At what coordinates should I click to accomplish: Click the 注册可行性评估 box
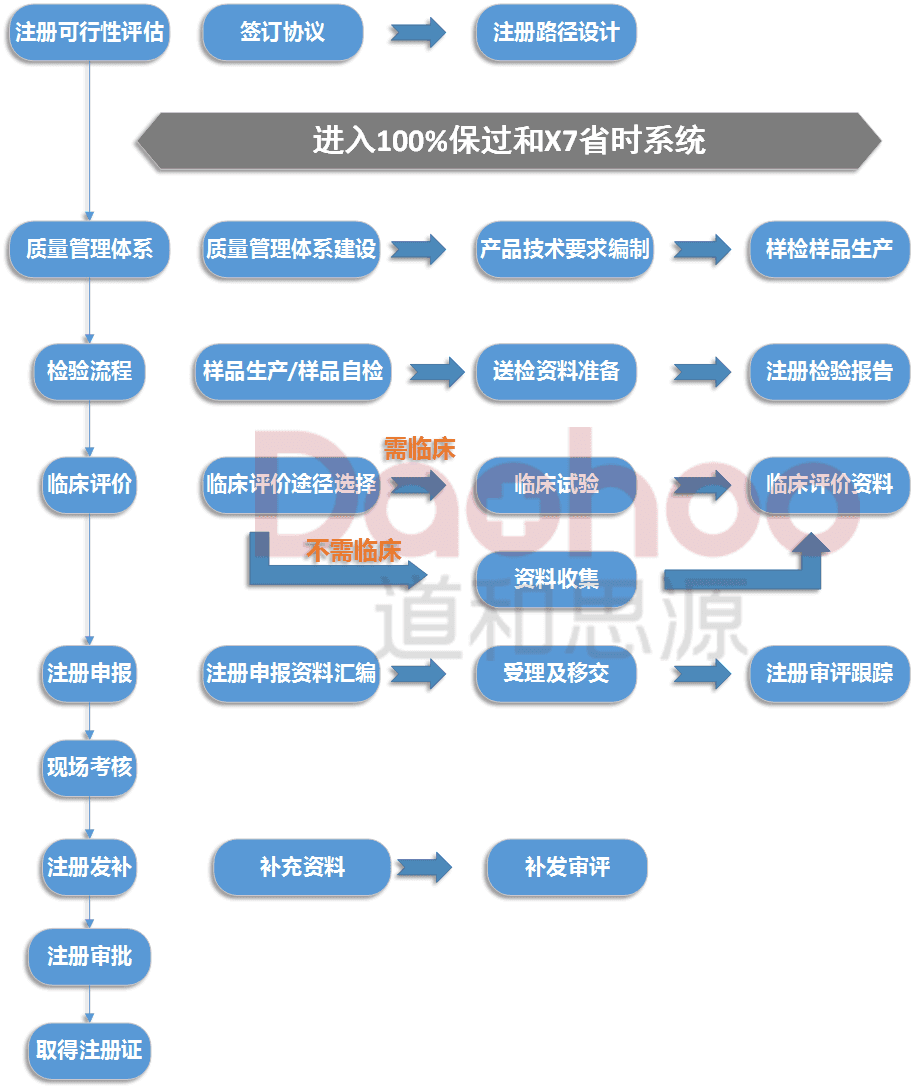click(89, 32)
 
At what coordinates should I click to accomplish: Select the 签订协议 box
click(282, 32)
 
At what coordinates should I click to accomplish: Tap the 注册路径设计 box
click(556, 32)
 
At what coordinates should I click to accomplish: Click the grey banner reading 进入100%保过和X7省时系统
click(509, 140)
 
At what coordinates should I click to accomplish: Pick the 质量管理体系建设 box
click(291, 249)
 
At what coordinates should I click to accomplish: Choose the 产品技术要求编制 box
click(564, 249)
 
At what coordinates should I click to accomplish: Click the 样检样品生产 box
click(829, 249)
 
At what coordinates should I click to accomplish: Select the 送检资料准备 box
click(556, 371)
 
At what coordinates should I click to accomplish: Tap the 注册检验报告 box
click(829, 371)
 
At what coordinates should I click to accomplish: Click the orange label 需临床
click(419, 449)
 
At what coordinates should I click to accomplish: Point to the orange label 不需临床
click(353, 550)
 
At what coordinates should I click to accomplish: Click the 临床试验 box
click(556, 485)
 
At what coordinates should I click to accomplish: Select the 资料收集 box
click(556, 579)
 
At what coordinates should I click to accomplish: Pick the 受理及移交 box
click(556, 673)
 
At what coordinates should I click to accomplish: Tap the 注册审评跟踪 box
click(829, 673)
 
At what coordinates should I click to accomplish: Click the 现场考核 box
click(89, 767)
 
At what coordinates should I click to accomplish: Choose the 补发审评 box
click(567, 867)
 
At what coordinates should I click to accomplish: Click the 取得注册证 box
click(89, 1051)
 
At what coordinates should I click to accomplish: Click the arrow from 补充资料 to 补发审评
click(424, 867)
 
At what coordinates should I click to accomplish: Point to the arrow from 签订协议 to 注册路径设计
click(418, 32)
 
